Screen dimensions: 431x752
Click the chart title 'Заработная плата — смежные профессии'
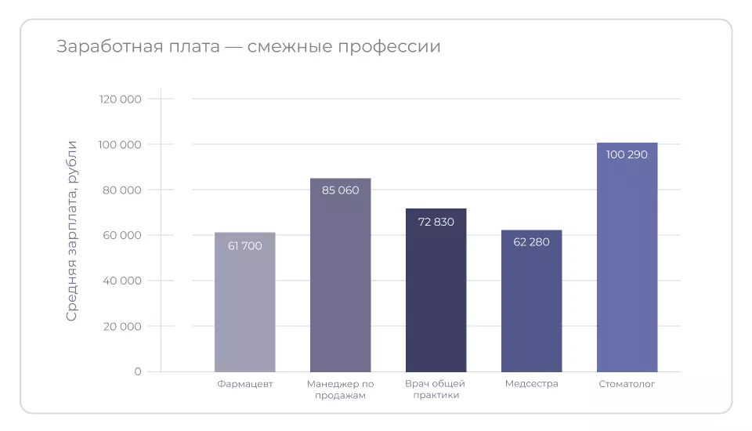248,46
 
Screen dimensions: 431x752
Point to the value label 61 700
244,246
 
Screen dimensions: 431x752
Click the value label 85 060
340,190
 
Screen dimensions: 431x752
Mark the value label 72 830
436,222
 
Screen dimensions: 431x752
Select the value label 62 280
531,241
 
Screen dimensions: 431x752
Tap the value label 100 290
627,154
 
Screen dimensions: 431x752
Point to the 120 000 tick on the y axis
121,100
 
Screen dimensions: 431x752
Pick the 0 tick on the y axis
138,371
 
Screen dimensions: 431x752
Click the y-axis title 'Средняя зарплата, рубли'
71,230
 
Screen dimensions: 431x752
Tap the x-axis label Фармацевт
244,384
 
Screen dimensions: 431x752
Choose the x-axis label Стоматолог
627,384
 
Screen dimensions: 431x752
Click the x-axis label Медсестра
531,384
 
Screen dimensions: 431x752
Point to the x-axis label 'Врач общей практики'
436,389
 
